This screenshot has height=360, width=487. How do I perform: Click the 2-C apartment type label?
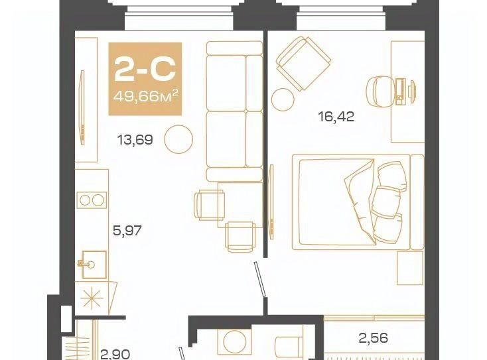pyautogui.click(x=145, y=69)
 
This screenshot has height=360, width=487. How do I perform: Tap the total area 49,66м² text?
pyautogui.click(x=146, y=96)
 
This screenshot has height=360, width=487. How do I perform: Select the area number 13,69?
pyautogui.click(x=135, y=140)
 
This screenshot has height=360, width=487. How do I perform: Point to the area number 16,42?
pyautogui.click(x=336, y=117)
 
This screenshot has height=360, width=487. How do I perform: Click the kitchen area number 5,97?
pyautogui.click(x=127, y=231)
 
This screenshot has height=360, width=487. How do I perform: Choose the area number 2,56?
pyautogui.click(x=373, y=338)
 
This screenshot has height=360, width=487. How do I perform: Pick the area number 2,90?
pyautogui.click(x=115, y=355)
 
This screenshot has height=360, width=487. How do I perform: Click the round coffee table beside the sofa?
pyautogui.click(x=178, y=139)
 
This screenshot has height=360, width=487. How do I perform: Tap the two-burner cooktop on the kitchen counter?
pyautogui.click(x=92, y=200)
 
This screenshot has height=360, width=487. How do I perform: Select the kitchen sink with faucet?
pyautogui.click(x=92, y=265)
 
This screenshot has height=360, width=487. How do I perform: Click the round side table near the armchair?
pyautogui.click(x=283, y=99)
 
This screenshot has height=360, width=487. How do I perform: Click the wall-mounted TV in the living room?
pyautogui.click(x=82, y=107)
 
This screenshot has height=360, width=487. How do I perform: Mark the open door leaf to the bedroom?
pyautogui.click(x=261, y=280)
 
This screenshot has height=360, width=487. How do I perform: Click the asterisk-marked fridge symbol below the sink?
pyautogui.click(x=92, y=298)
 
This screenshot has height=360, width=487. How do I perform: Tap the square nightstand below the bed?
pyautogui.click(x=410, y=269)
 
